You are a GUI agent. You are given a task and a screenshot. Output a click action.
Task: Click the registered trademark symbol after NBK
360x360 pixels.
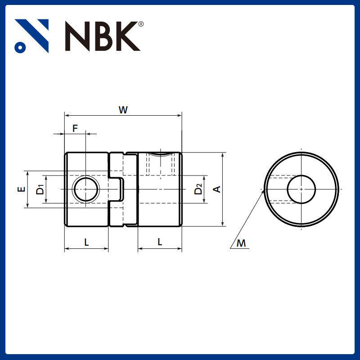coord(141,23)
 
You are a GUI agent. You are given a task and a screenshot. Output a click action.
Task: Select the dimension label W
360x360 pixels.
coord(122,109)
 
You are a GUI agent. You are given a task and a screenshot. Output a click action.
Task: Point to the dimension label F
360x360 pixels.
coord(75,128)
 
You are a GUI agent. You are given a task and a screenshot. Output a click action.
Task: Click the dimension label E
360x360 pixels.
coord(21,189)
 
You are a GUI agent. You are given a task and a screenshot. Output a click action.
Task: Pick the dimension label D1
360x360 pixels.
coord(40,189)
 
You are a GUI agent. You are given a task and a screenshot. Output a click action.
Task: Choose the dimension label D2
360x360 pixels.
coord(198,189)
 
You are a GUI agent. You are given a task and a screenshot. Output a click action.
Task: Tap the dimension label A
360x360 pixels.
coord(217,189)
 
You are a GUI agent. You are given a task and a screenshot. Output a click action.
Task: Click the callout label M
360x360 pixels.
coord(242,243)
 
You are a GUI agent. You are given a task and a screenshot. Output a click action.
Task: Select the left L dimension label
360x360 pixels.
coord(86,242)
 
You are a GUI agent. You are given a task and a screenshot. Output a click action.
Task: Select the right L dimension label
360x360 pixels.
coord(160,242)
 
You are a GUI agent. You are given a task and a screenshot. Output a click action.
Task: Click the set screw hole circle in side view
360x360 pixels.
coord(85,189)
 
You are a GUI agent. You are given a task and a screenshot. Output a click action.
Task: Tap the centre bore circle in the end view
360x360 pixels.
coord(301,189)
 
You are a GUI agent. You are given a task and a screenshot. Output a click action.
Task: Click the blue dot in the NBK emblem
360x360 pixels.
coord(19,46)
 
